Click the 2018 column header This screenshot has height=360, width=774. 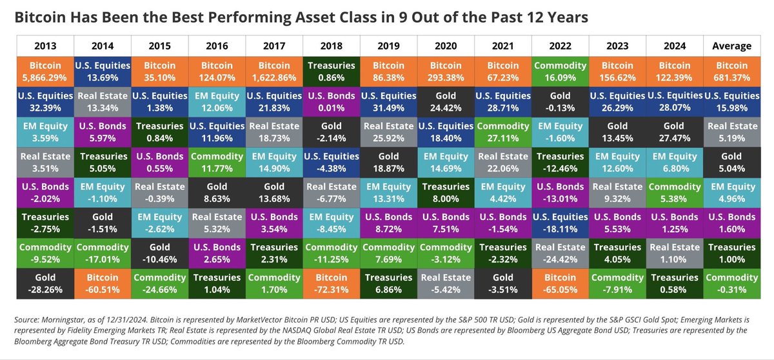(332, 46)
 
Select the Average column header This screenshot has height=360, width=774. (732, 46)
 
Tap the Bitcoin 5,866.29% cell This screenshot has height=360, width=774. (45, 72)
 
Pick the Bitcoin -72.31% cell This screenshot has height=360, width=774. (332, 284)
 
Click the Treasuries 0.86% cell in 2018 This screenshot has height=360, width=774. (332, 72)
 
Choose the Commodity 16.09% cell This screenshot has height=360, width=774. (560, 72)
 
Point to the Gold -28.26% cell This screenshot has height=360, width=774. (45, 284)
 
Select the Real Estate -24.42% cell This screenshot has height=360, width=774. (560, 254)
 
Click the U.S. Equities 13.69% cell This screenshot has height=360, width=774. (103, 72)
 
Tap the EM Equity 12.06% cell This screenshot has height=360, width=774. (217, 102)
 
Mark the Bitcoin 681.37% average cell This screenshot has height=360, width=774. (732, 72)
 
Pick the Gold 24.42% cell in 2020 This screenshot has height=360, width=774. (446, 102)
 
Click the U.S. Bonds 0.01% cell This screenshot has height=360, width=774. (332, 102)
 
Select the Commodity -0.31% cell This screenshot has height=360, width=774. (732, 284)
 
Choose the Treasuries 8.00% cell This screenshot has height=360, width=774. (446, 193)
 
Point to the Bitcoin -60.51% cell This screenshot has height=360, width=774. (103, 284)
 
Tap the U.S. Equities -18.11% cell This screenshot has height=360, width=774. (560, 223)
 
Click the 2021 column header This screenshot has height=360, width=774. (503, 46)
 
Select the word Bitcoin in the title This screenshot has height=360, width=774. (40, 17)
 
